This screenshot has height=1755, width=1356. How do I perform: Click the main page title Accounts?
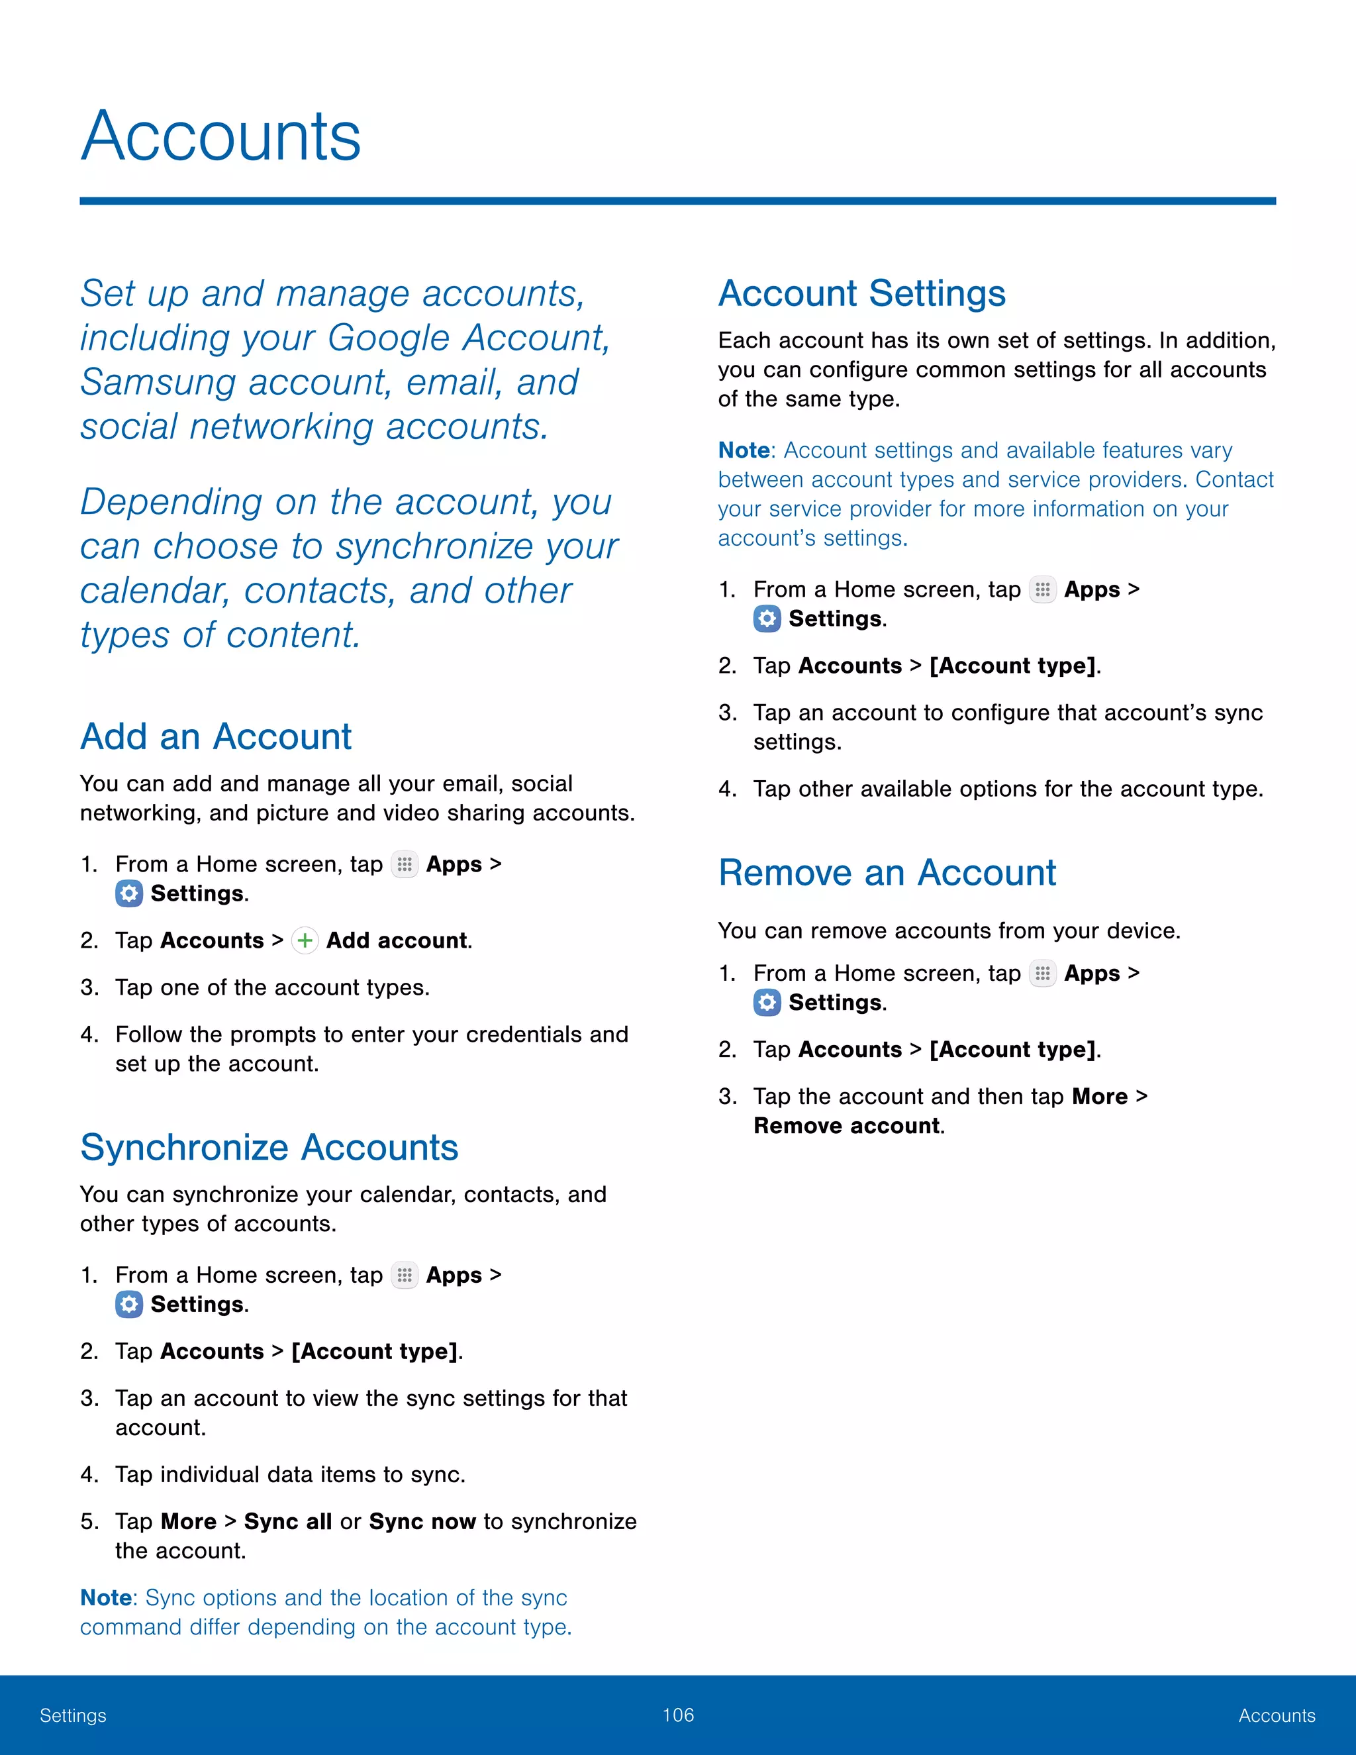[x=221, y=136]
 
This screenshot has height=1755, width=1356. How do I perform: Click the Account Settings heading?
[x=861, y=293]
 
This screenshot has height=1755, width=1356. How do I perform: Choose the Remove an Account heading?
[x=887, y=873]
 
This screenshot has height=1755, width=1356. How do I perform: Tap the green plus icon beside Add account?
[x=305, y=940]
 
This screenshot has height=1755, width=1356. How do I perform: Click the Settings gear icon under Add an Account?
[x=128, y=893]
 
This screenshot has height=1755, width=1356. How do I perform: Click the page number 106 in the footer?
[x=678, y=1715]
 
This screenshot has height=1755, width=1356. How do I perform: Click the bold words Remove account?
[x=847, y=1126]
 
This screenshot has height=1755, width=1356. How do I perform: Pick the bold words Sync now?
[x=422, y=1521]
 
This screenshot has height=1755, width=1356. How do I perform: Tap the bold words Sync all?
[x=287, y=1521]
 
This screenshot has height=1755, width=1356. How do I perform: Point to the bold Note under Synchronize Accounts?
[x=106, y=1597]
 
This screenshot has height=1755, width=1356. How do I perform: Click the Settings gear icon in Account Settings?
[x=767, y=619]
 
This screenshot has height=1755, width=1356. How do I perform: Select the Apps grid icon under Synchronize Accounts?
[x=404, y=1276]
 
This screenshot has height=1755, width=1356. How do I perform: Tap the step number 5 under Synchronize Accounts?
[x=87, y=1522]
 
